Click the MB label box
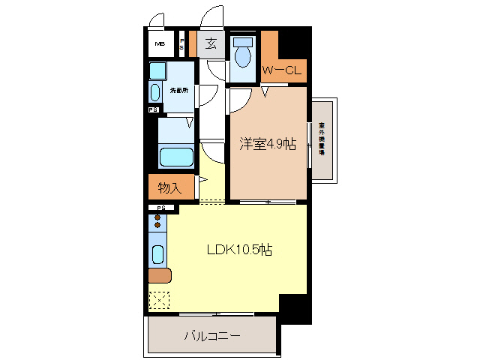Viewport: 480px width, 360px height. [x=159, y=44]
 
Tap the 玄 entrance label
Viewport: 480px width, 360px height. [x=212, y=43]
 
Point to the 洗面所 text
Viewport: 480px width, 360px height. [x=177, y=91]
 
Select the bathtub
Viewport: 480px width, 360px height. [x=177, y=157]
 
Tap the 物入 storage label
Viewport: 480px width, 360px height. [x=170, y=186]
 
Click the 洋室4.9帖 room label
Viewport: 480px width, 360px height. [x=267, y=144]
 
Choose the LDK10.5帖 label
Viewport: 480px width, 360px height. [x=239, y=250]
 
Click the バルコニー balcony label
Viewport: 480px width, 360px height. [x=212, y=336]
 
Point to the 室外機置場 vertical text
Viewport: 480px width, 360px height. [x=322, y=138]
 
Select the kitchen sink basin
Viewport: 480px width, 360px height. [x=157, y=254]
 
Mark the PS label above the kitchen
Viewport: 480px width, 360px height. [x=160, y=208]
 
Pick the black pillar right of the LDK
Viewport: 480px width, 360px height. [x=295, y=307]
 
